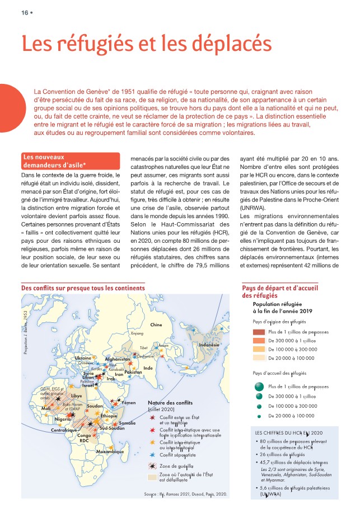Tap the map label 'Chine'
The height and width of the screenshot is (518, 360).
click(156, 325)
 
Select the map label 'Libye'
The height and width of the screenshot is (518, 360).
click(76, 395)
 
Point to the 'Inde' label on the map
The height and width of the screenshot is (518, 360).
click(148, 368)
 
